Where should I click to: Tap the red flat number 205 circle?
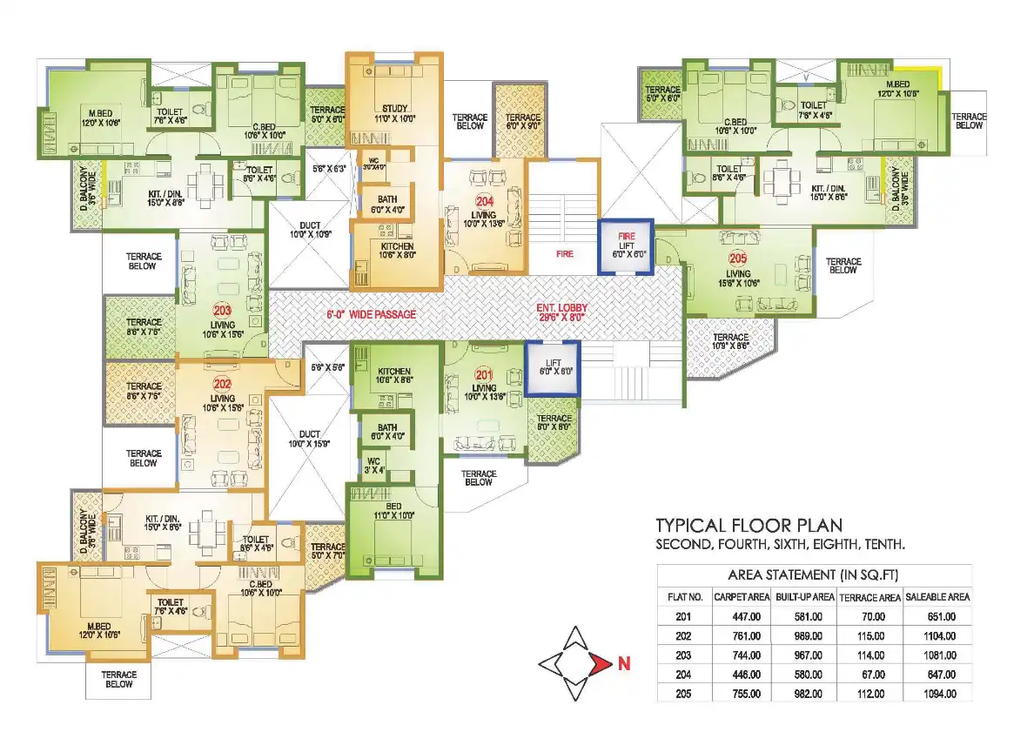click(738, 258)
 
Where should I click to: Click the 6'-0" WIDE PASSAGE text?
click(371, 313)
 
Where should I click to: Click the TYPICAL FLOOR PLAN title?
click(748, 525)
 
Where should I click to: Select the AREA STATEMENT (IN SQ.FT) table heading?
click(813, 575)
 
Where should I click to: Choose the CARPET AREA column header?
click(741, 597)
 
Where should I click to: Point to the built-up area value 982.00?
click(805, 694)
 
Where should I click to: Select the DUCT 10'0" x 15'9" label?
click(309, 440)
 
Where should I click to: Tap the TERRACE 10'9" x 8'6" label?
click(730, 342)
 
